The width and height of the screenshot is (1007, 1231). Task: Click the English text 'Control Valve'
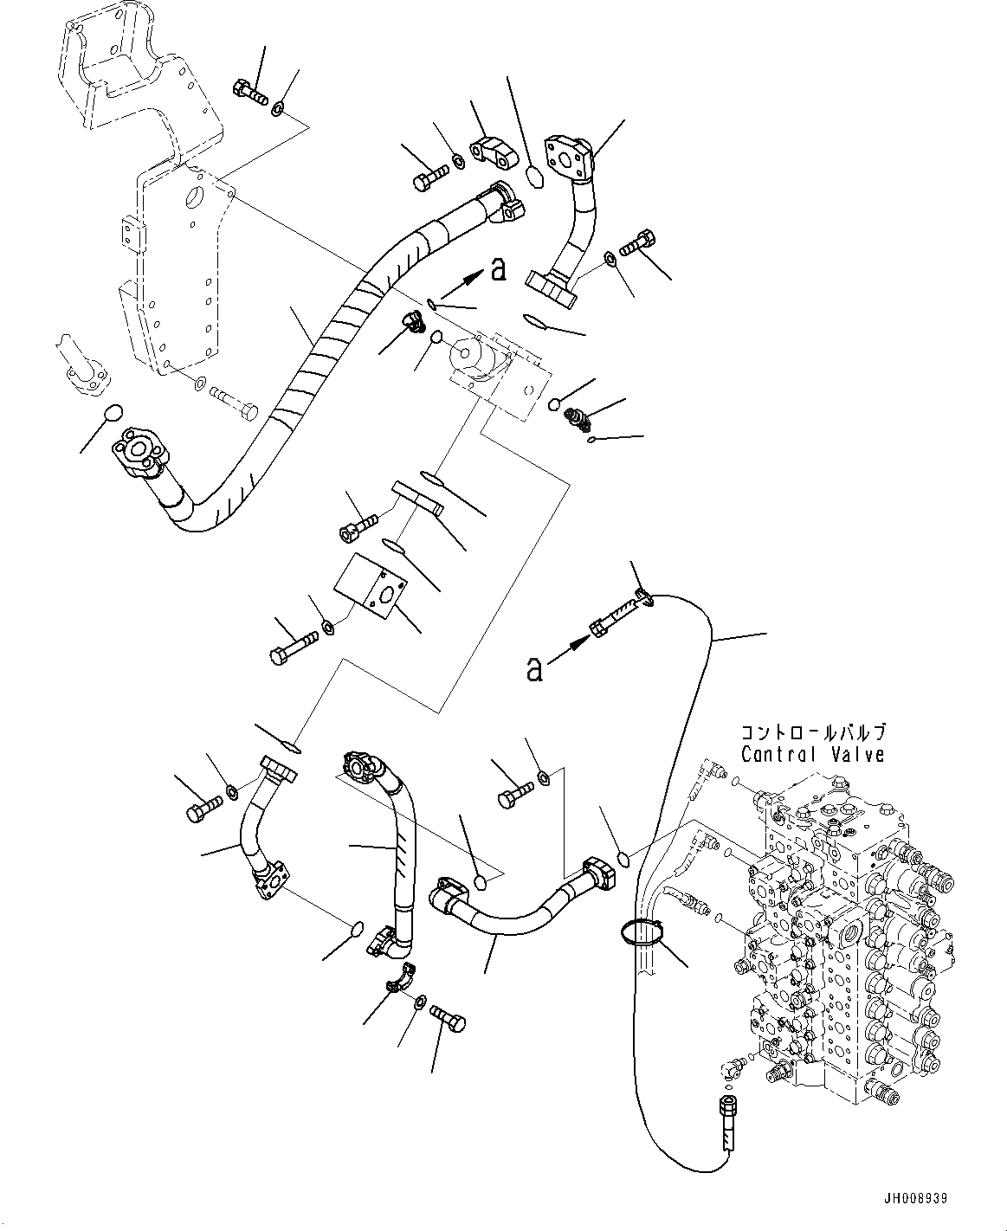(813, 755)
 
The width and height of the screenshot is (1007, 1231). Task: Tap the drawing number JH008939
(915, 1199)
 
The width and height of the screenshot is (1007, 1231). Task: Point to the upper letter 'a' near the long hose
(497, 271)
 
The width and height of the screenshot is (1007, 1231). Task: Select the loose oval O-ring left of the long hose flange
(113, 413)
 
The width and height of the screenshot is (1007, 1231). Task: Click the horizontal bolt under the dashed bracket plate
(233, 401)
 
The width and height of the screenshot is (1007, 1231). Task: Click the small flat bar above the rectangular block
(416, 498)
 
